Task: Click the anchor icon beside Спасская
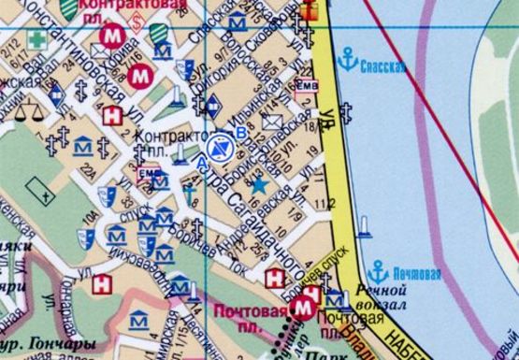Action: (x=349, y=60)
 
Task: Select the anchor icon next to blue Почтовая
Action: (x=379, y=271)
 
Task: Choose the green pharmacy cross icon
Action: (x=36, y=40)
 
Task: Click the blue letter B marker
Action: (x=242, y=134)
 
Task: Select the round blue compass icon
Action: (x=220, y=147)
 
